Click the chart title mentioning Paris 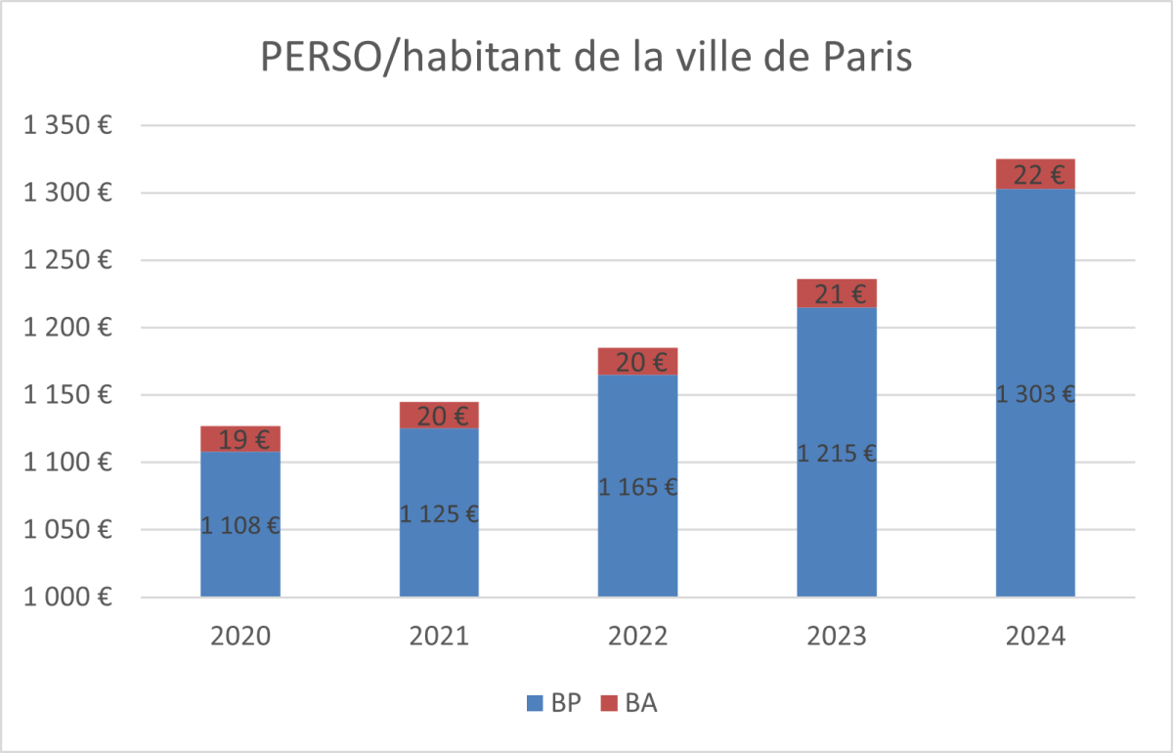pos(586,58)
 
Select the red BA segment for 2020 pos(240,439)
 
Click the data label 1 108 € pos(240,525)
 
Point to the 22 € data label pos(1035,175)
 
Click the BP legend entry pos(554,702)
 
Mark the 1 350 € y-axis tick pos(67,125)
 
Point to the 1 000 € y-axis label pos(67,597)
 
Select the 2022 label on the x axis pos(637,637)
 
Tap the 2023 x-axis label pos(837,637)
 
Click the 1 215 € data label pos(837,454)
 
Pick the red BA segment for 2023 pos(837,293)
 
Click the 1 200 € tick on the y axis pos(67,328)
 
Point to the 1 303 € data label pos(1035,395)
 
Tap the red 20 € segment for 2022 pos(637,362)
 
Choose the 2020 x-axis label pos(240,637)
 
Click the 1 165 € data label pos(637,486)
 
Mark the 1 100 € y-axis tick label pos(67,463)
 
